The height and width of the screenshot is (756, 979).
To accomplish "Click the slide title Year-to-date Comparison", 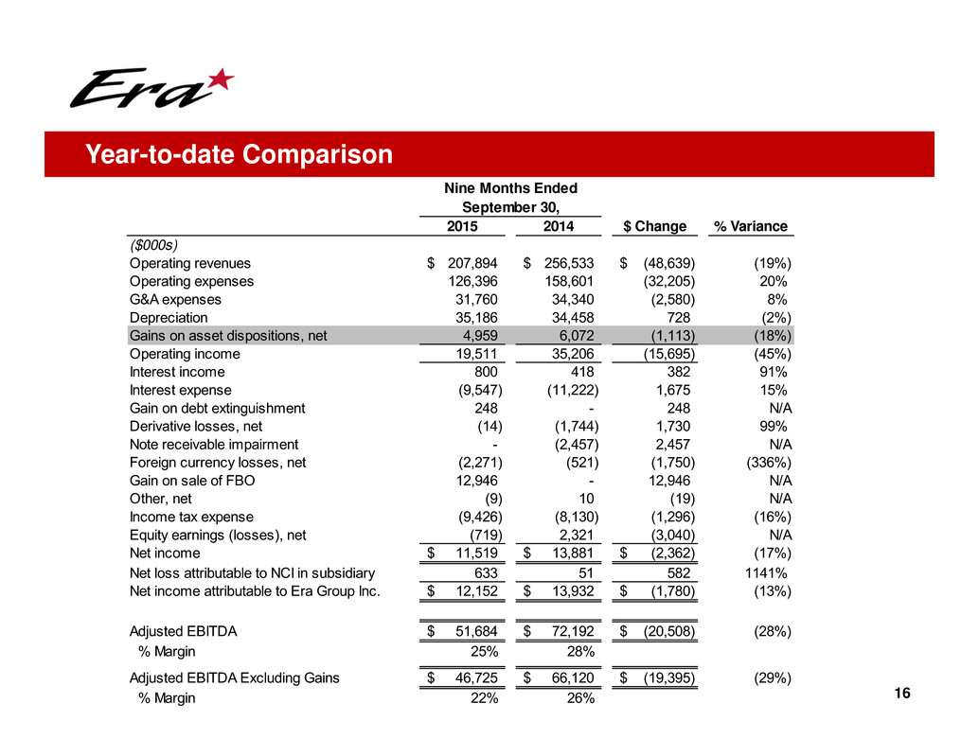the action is pyautogui.click(x=240, y=154).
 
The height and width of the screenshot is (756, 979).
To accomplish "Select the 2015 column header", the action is pyautogui.click(x=462, y=226).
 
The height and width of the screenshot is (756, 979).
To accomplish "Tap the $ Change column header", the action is pyautogui.click(x=655, y=226).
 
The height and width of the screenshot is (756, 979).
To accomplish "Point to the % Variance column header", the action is pyautogui.click(x=751, y=226).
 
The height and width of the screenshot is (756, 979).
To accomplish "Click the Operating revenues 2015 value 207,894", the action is pyautogui.click(x=472, y=263).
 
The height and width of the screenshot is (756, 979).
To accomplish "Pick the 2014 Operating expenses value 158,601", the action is pyautogui.click(x=569, y=281).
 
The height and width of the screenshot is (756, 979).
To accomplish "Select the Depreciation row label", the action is pyautogui.click(x=169, y=318).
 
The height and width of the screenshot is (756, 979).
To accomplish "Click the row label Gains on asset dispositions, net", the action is pyautogui.click(x=228, y=336).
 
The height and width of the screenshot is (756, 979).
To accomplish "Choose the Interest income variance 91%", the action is pyautogui.click(x=773, y=372).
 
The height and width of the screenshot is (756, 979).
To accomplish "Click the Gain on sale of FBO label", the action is pyautogui.click(x=192, y=481).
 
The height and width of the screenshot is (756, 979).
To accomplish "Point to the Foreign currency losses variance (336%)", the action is pyautogui.click(x=769, y=462).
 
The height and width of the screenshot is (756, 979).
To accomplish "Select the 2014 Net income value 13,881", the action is pyautogui.click(x=573, y=553).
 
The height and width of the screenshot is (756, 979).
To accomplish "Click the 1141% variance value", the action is pyautogui.click(x=766, y=572).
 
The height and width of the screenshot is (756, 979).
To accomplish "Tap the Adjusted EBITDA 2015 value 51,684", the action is pyautogui.click(x=476, y=631).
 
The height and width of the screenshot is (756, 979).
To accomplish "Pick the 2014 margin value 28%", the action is pyautogui.click(x=580, y=651).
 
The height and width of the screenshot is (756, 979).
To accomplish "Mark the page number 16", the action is pyautogui.click(x=902, y=693).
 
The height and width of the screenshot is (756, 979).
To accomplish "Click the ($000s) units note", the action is pyautogui.click(x=153, y=244).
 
